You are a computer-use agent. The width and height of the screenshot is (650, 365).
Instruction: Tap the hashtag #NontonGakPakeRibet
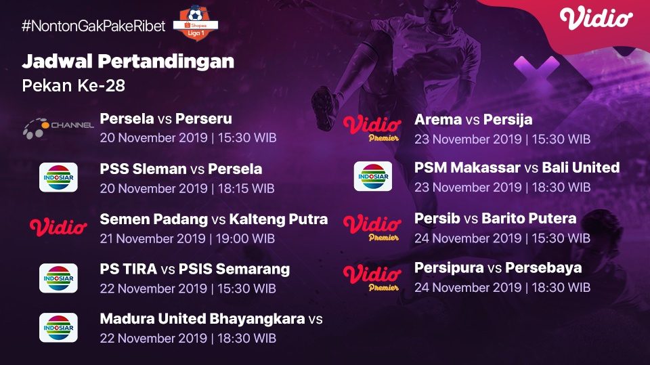click(93, 26)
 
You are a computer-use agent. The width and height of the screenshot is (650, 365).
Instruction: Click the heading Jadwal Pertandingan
click(128, 62)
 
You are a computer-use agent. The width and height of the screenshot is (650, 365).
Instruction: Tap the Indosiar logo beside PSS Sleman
click(58, 177)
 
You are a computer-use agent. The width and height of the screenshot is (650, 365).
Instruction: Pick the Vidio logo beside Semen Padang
click(58, 227)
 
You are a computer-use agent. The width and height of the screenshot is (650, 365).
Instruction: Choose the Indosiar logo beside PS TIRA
click(58, 278)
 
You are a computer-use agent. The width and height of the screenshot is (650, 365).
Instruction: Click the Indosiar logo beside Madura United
click(58, 327)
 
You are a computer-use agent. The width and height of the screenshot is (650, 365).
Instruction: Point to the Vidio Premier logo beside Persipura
click(371, 276)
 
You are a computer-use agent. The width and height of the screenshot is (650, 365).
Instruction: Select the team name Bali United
click(581, 167)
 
